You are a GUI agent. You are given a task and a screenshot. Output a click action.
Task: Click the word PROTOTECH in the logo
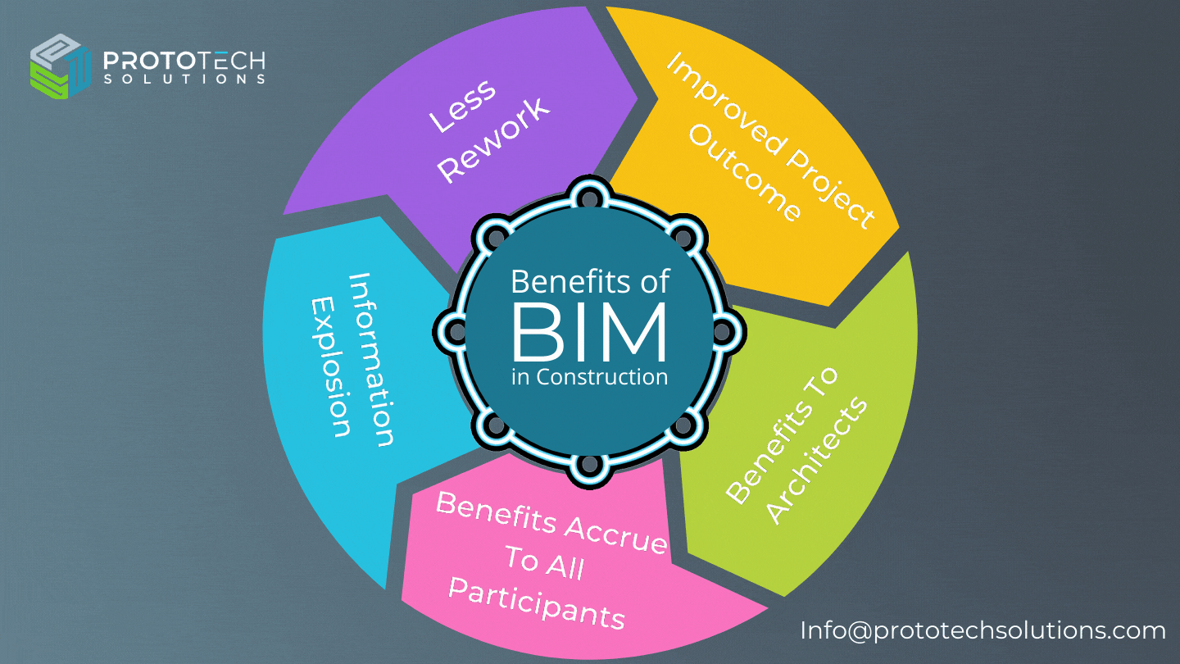click(x=184, y=61)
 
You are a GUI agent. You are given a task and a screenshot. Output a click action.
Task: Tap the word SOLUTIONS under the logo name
click(x=184, y=80)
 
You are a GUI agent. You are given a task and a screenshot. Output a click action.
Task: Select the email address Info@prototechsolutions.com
click(x=983, y=630)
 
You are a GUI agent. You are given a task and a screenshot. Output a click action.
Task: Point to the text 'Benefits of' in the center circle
click(x=590, y=282)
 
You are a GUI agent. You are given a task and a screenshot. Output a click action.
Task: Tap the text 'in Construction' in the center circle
click(x=590, y=376)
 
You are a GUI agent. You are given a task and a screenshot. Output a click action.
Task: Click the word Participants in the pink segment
click(x=538, y=603)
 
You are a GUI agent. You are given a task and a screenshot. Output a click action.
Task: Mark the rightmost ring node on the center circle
click(x=723, y=330)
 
